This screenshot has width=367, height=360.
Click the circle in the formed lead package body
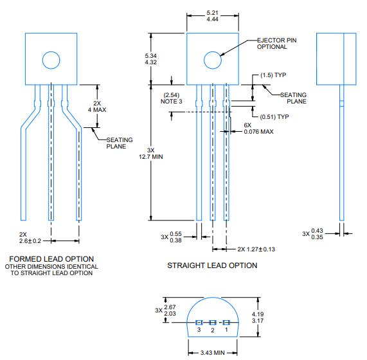[x=51, y=60]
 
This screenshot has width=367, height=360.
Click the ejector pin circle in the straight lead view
[x=212, y=61]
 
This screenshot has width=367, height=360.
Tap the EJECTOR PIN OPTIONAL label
[x=278, y=44]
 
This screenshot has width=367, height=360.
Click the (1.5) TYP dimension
[x=271, y=76]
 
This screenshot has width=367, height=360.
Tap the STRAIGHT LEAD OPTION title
[x=212, y=265]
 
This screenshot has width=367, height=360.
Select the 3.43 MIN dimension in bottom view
[x=213, y=352]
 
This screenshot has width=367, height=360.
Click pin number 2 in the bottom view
[x=213, y=329]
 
